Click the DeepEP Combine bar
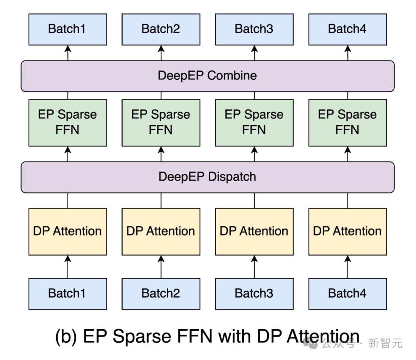pyautogui.click(x=208, y=76)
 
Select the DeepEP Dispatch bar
pyautogui.click(x=208, y=177)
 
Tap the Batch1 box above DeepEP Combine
pyautogui.click(x=68, y=29)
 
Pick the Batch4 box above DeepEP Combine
pyautogui.click(x=347, y=29)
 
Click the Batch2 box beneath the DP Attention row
pyautogui.click(x=161, y=294)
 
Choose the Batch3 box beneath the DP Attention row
pyautogui.click(x=255, y=294)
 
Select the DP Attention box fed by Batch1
pyautogui.click(x=68, y=232)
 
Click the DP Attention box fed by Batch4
pyautogui.click(x=347, y=232)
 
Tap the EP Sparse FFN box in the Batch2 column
pyautogui.click(x=161, y=123)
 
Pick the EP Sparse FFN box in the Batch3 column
pyautogui.click(x=255, y=123)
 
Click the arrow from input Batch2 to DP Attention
pyautogui.click(x=161, y=267)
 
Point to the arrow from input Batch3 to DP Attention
pyautogui.click(x=255, y=267)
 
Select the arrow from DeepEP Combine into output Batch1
pyautogui.click(x=68, y=53)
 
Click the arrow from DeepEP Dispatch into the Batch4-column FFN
pyautogui.click(x=348, y=154)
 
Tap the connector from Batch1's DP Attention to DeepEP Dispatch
pyautogui.click(x=68, y=201)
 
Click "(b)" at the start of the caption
pyautogui.click(x=66, y=337)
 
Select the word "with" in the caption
pyautogui.click(x=235, y=336)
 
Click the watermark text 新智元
pyautogui.click(x=385, y=343)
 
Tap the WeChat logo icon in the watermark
pyautogui.click(x=310, y=344)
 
